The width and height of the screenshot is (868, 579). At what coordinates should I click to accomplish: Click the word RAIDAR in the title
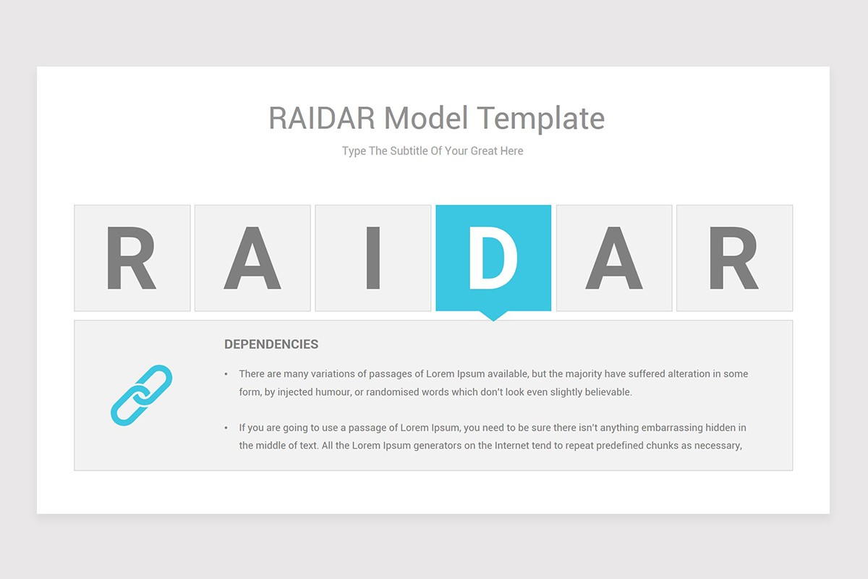click(x=322, y=117)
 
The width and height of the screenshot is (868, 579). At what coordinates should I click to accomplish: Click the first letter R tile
click(x=132, y=258)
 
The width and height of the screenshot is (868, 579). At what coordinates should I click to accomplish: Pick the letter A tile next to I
click(x=252, y=258)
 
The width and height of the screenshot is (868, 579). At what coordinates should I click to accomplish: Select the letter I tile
click(x=373, y=258)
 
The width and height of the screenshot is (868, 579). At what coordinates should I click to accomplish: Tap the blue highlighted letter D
click(x=493, y=258)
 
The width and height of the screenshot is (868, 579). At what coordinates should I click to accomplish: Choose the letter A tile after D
click(x=614, y=258)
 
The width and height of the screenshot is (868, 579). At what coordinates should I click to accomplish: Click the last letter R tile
click(x=734, y=258)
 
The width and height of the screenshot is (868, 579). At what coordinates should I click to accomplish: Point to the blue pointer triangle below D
click(x=493, y=316)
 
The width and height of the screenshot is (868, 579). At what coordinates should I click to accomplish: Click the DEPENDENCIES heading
click(x=271, y=345)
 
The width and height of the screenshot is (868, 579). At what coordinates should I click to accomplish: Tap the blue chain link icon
click(x=141, y=395)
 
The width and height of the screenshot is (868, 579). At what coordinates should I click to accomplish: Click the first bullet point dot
click(x=226, y=375)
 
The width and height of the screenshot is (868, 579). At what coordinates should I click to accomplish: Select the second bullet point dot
click(x=226, y=428)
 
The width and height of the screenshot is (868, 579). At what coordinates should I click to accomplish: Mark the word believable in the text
click(x=605, y=392)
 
